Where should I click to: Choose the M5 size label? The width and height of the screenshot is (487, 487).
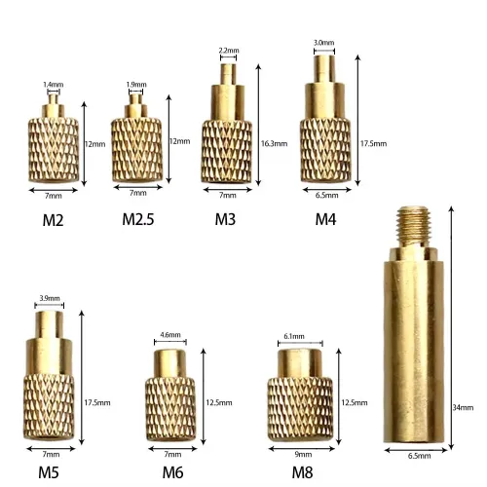click(50, 472)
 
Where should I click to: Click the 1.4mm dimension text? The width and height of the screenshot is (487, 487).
click(53, 85)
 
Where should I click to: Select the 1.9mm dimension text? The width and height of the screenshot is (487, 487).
click(137, 84)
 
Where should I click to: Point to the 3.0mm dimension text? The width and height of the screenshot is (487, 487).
click(323, 43)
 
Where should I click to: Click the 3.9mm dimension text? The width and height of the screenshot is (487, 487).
click(49, 297)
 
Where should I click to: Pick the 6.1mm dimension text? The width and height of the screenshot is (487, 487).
click(292, 336)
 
